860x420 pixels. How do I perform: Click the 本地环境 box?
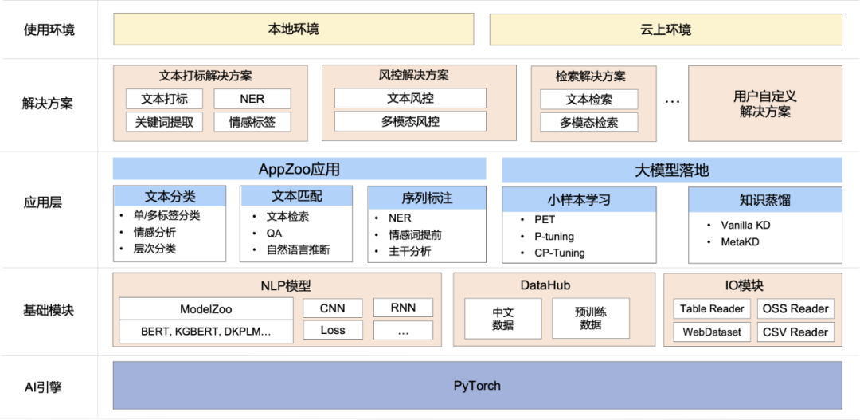[294, 29]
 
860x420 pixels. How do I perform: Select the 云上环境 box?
[666, 30]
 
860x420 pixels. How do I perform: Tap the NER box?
[252, 99]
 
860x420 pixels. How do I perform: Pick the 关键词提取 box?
[164, 122]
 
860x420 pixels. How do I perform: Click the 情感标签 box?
[252, 122]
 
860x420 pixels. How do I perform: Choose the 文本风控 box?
[410, 98]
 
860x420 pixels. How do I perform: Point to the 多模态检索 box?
[588, 123]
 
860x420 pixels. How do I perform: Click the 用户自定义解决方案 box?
[764, 104]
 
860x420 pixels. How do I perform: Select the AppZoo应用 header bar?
[299, 169]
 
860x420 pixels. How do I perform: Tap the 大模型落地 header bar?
[671, 170]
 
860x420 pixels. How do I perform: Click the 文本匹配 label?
[296, 196]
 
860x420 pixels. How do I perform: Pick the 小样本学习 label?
[579, 200]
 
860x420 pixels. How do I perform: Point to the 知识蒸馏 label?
[764, 200]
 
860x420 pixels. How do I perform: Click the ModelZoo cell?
[206, 308]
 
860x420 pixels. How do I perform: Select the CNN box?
[333, 308]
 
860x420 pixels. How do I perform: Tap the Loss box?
[333, 330]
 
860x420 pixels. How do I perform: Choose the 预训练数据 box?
[591, 319]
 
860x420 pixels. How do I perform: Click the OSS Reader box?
[795, 308]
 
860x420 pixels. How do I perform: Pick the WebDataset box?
[712, 332]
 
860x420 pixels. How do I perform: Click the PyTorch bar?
[477, 386]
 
